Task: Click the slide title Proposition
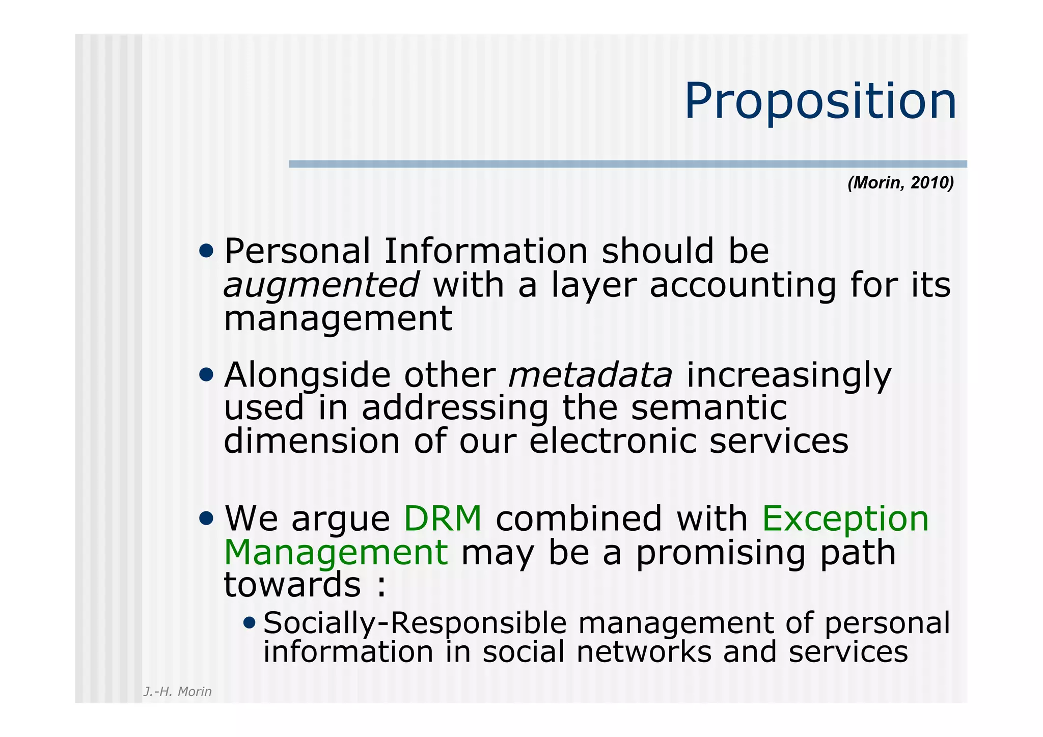(x=820, y=102)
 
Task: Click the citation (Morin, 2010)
(x=900, y=183)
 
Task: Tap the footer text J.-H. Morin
(x=177, y=692)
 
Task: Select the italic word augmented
(x=321, y=285)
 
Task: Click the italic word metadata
(x=591, y=375)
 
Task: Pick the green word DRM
(x=442, y=519)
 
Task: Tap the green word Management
(x=336, y=553)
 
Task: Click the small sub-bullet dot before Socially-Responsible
(x=250, y=622)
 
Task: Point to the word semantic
(x=709, y=408)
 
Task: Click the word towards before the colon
(x=292, y=585)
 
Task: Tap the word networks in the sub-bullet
(x=643, y=652)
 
